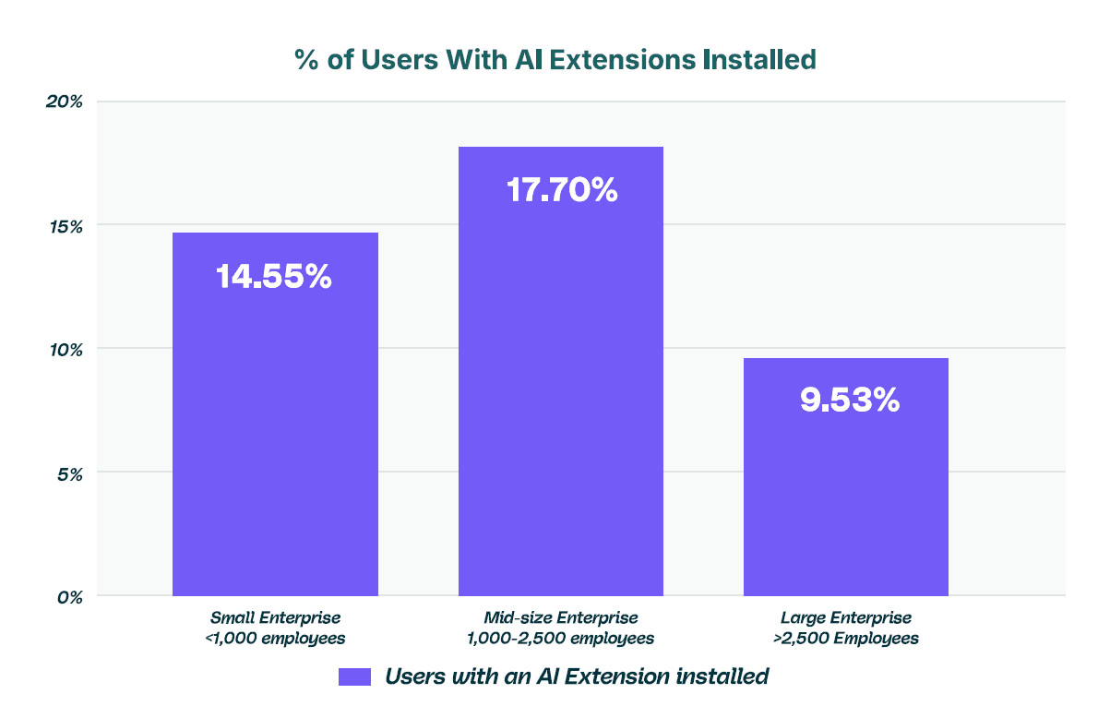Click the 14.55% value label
[274, 277]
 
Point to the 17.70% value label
[561, 190]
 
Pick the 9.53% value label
[849, 401]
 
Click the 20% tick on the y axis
[65, 102]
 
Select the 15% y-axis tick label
[66, 225]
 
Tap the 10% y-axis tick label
[66, 349]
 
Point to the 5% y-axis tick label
[69, 473]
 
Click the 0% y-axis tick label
[69, 596]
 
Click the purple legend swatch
[354, 676]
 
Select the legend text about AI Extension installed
[577, 676]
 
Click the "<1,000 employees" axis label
[276, 639]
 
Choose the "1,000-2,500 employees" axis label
[561, 639]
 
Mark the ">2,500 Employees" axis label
[846, 639]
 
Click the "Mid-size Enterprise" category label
[561, 617]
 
